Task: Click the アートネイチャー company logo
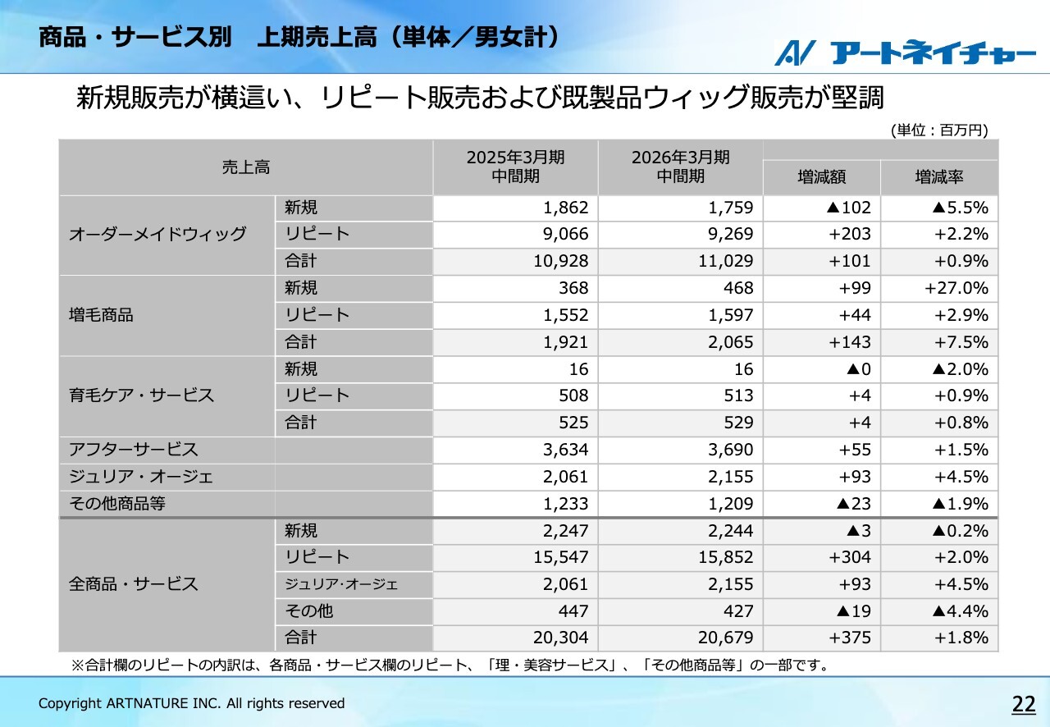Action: [905, 53]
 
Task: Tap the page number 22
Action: [1024, 703]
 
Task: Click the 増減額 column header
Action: [821, 177]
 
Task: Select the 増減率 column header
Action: [939, 177]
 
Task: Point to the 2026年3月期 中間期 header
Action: [680, 167]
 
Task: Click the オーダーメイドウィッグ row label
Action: [157, 235]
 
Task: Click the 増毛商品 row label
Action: [101, 315]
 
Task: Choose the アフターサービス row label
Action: [133, 450]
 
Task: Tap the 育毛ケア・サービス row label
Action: [141, 396]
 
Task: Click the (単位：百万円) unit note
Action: [938, 130]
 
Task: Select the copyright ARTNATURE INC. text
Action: [192, 703]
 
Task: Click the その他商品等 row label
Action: [116, 503]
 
